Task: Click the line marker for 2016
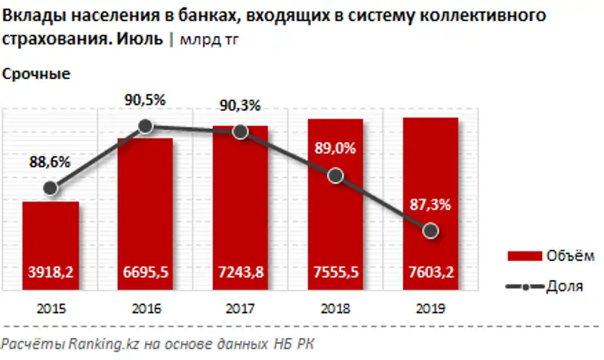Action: (x=146, y=128)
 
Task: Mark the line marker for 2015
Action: (x=51, y=188)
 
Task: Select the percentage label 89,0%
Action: (x=336, y=149)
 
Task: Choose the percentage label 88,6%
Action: (x=51, y=161)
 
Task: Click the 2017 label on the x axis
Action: (x=241, y=308)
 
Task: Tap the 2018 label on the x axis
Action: (x=336, y=308)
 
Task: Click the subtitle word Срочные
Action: (x=37, y=74)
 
